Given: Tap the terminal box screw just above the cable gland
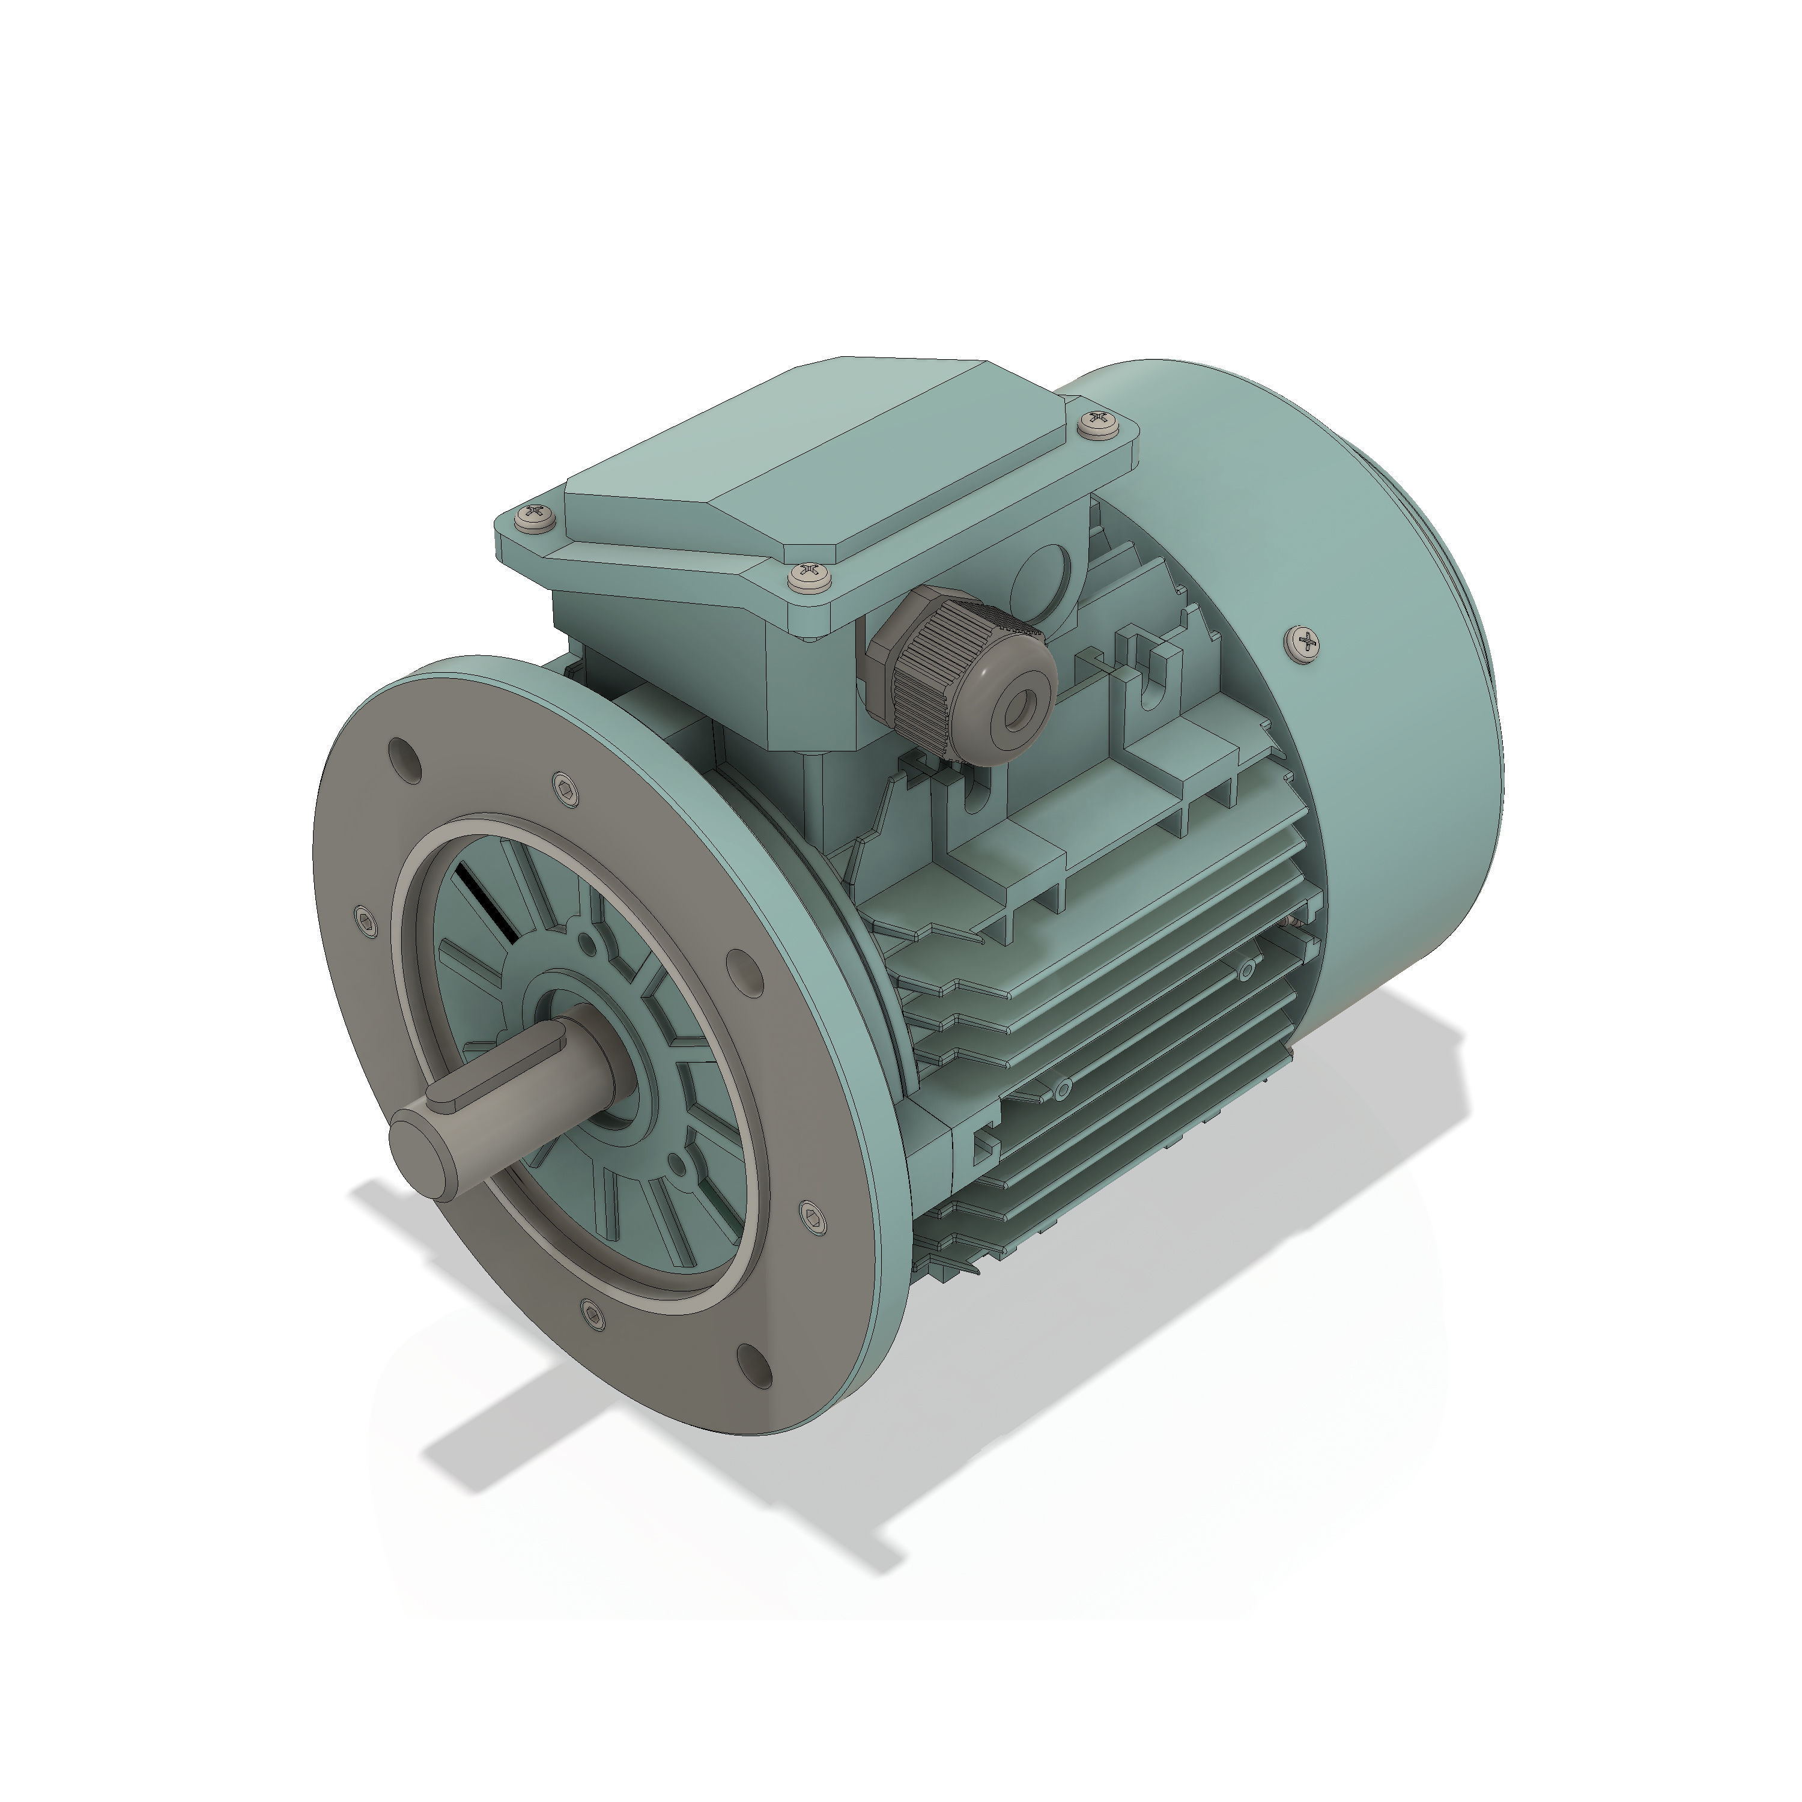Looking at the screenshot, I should [x=808, y=577].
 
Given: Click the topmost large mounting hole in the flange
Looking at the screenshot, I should [x=404, y=757].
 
